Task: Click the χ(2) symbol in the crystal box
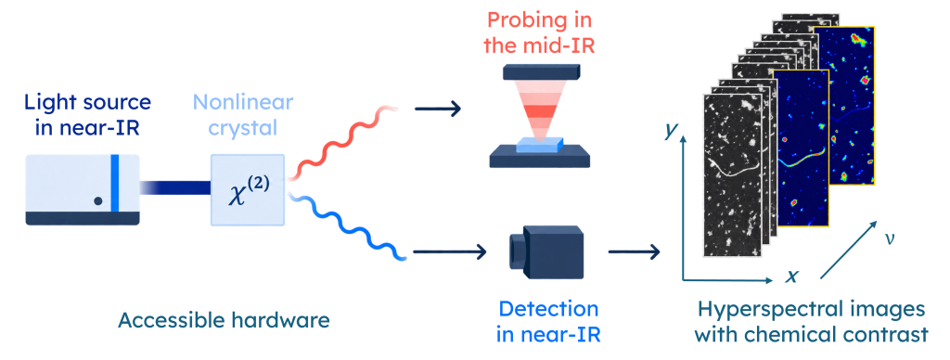pyautogui.click(x=246, y=189)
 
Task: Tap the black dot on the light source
pyautogui.click(x=97, y=199)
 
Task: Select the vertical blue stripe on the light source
pyautogui.click(x=114, y=184)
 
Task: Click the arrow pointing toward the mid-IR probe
pyautogui.click(x=438, y=109)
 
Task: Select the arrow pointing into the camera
pyautogui.click(x=450, y=251)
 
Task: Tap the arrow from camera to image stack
pyautogui.click(x=634, y=251)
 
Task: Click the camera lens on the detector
pyautogui.click(x=514, y=251)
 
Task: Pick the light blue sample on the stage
pyautogui.click(x=539, y=144)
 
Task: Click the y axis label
pyautogui.click(x=670, y=130)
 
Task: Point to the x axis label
pyautogui.click(x=791, y=276)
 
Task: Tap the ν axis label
pyautogui.click(x=888, y=238)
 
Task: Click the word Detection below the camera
pyautogui.click(x=547, y=309)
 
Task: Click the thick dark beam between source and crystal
pyautogui.click(x=174, y=188)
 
